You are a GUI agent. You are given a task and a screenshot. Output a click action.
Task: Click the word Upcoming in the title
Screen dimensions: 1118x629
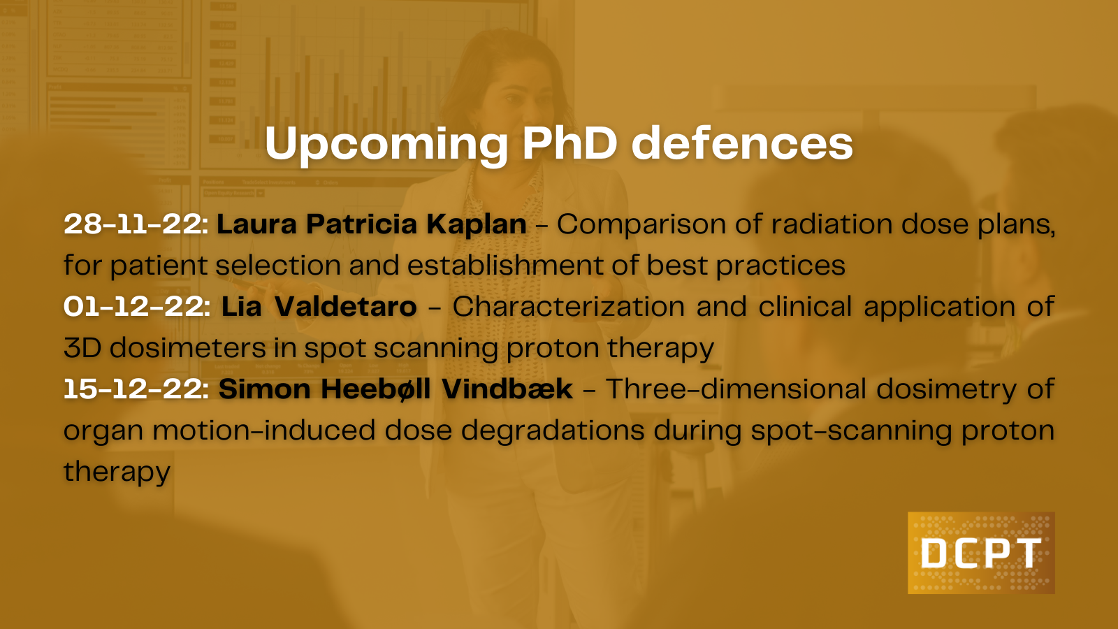point(386,144)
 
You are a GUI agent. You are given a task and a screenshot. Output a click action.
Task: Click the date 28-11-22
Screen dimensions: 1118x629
point(136,224)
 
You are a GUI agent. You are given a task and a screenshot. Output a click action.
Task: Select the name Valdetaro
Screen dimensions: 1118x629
point(345,306)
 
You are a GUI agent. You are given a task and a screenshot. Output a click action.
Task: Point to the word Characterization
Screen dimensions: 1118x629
point(569,306)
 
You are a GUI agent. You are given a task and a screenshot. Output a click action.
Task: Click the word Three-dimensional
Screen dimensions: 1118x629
point(736,389)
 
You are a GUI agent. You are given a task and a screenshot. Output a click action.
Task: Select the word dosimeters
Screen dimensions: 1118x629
point(188,347)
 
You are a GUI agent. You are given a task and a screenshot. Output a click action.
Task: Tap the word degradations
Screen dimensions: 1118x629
point(553,431)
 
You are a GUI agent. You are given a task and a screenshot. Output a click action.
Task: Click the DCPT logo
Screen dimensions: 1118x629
point(981,553)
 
